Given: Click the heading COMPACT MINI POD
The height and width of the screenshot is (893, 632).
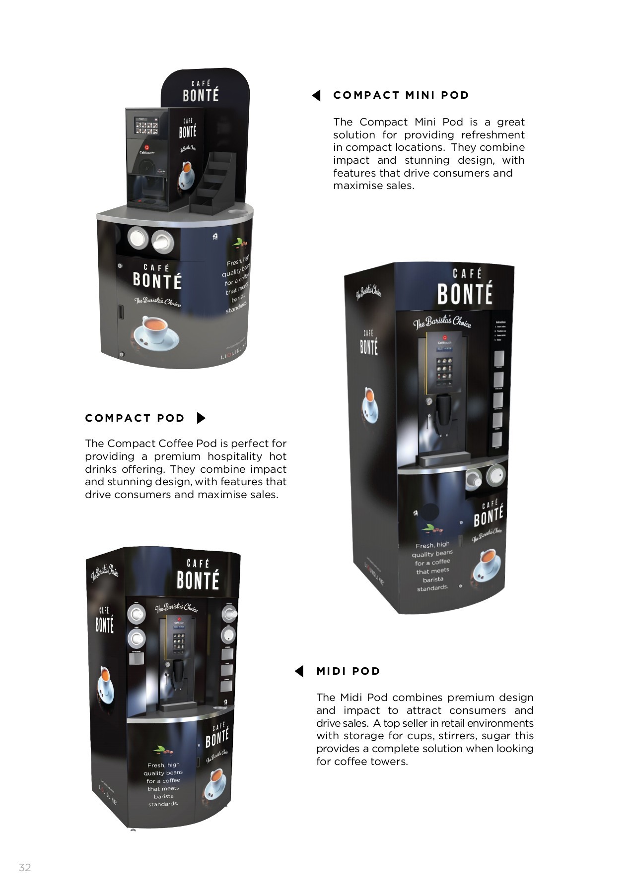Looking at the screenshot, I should point(401,95).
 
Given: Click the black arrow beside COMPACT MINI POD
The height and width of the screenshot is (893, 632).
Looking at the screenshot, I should point(317,96).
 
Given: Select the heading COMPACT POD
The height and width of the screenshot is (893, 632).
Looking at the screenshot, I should point(135,418).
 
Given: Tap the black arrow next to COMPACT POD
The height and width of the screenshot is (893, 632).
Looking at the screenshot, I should point(201,418).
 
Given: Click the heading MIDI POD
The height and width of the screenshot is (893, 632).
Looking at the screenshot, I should point(348,671).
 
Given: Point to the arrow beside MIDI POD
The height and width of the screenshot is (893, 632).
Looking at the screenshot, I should point(299,671).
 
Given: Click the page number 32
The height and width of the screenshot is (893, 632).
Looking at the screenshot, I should point(25,867).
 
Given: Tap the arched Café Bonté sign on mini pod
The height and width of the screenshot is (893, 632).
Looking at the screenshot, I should point(201,92).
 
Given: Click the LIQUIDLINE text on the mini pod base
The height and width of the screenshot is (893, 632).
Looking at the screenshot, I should point(234,350).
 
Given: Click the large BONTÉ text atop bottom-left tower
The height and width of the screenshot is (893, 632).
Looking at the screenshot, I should point(198,580).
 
